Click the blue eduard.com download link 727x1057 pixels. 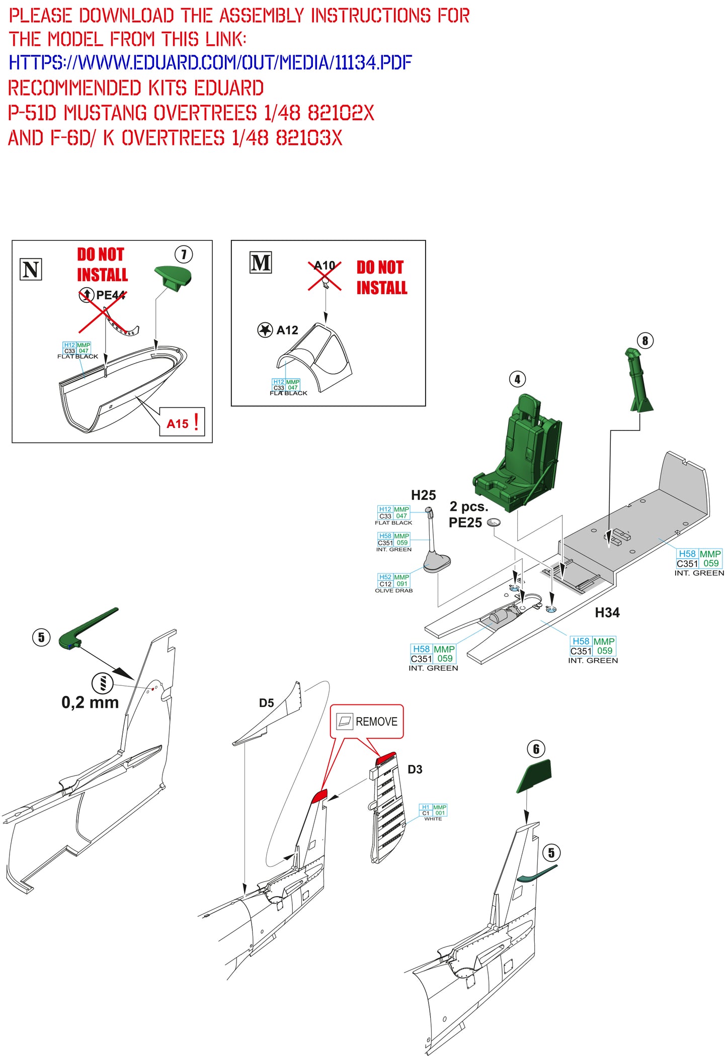[210, 63]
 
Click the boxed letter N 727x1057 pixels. [31, 270]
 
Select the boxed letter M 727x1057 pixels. [261, 263]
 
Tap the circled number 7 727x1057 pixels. [184, 254]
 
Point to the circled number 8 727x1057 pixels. [645, 341]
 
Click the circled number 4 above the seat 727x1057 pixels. [517, 379]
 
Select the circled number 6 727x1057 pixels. [536, 749]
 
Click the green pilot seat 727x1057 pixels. [518, 458]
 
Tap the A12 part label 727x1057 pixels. [287, 330]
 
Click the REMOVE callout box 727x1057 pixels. [367, 721]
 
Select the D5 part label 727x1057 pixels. [266, 703]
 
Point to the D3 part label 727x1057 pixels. [415, 769]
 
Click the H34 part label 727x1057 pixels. [607, 612]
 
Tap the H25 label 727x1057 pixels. [423, 495]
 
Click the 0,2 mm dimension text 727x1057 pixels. [90, 702]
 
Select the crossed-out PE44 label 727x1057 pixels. [110, 295]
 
